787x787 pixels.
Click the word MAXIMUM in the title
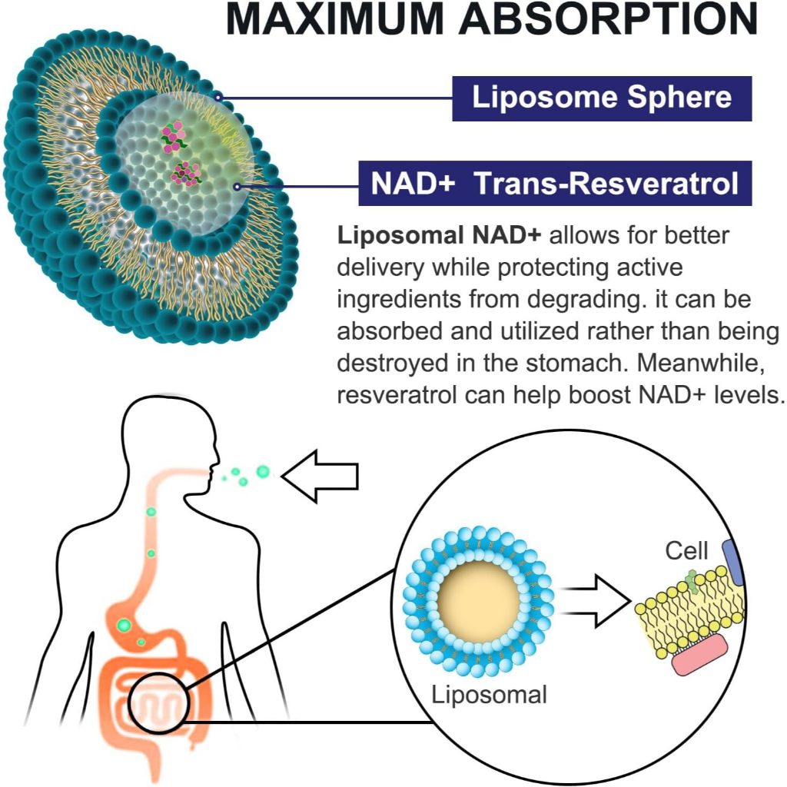point(335,18)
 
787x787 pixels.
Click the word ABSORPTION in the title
point(609,18)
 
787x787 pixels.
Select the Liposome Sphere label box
point(602,98)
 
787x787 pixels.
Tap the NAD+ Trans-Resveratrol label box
point(555,183)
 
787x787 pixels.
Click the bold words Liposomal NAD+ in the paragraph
point(439,235)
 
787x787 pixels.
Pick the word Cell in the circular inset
point(686,550)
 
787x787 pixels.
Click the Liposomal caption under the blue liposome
point(489,696)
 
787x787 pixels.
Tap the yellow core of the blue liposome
point(478,602)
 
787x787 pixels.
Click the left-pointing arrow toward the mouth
point(320,476)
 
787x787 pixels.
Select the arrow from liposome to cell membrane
point(596,601)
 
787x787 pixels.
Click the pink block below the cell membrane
point(699,656)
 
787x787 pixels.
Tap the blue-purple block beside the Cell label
point(733,561)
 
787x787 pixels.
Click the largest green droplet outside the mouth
point(263,471)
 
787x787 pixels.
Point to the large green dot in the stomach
point(124,626)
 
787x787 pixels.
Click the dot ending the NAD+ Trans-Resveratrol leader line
point(237,187)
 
